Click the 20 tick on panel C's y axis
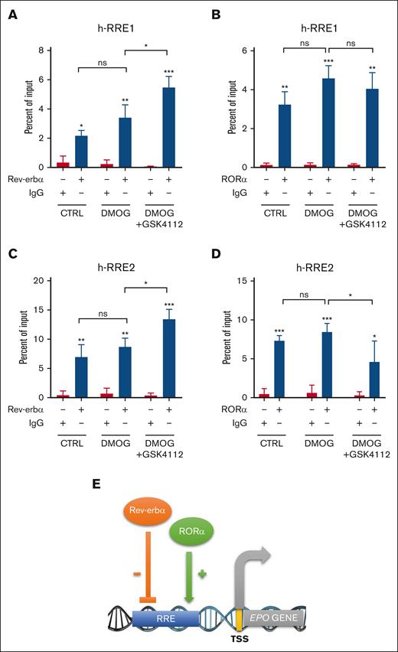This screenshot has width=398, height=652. point(44,280)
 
